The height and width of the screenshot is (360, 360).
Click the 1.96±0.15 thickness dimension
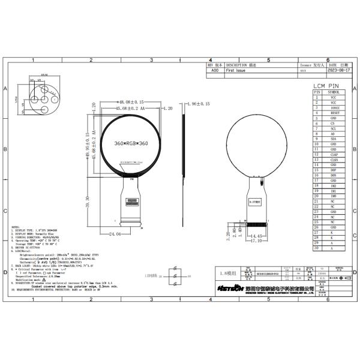pyautogui.click(x=198, y=104)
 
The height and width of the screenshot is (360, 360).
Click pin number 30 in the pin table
pyautogui.click(x=316, y=248)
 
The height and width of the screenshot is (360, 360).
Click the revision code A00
pyautogui.click(x=215, y=70)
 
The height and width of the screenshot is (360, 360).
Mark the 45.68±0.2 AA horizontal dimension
pyautogui.click(x=128, y=109)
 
